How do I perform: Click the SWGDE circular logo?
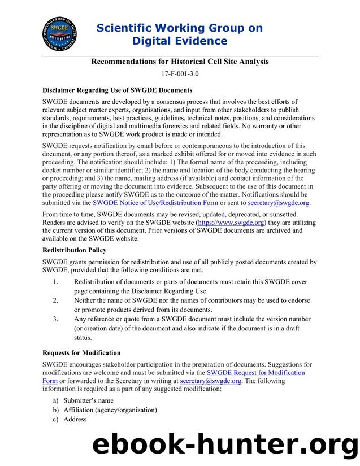point(59,34)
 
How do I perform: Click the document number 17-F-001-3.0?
point(180,73)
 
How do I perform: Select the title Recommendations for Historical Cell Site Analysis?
point(180,61)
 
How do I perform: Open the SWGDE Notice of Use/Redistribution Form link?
point(155,203)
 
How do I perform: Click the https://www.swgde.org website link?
point(231,223)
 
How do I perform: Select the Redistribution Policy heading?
point(74,250)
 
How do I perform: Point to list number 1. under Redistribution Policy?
point(55,282)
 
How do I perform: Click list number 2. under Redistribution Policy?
point(55,300)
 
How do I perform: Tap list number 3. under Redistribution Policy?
point(55,319)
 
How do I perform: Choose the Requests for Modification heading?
point(81,353)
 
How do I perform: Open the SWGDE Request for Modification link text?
point(255,373)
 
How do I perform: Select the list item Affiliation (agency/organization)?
point(105,410)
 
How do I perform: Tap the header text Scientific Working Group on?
point(179,28)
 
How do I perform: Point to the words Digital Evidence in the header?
point(179,41)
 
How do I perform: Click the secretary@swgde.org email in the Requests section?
point(211,381)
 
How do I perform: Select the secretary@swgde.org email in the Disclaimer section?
point(279,203)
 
